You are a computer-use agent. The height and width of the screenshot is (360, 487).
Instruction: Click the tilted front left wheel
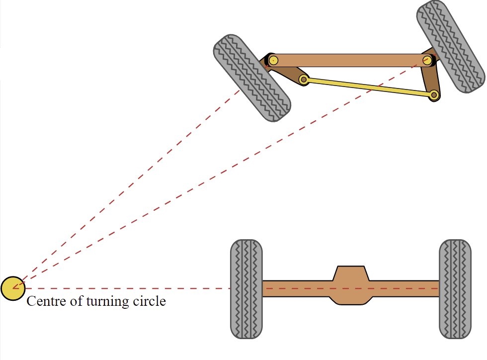tap(252, 78)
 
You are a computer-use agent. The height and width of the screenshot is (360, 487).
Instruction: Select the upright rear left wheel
tap(246, 289)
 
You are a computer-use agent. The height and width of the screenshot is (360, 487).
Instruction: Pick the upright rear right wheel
tap(455, 289)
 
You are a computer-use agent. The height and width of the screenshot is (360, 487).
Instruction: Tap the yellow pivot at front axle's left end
tap(272, 61)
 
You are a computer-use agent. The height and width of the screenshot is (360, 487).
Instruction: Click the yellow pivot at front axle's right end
tap(427, 61)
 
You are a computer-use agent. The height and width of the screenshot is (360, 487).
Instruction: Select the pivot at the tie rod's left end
tap(304, 79)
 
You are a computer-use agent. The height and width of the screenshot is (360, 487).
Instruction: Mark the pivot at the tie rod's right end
tap(434, 94)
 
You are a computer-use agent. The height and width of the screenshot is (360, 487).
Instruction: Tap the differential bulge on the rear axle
tap(351, 285)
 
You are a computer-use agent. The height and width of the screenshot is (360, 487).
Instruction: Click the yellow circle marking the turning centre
tap(12, 288)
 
